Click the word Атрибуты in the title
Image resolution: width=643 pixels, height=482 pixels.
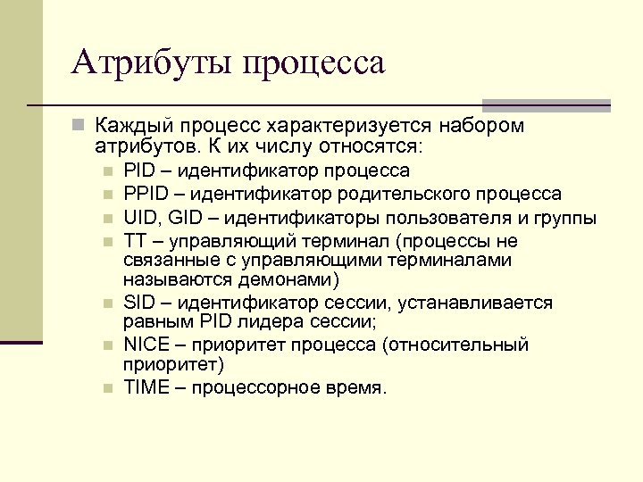coord(152,63)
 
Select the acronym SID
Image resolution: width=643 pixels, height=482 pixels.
coord(138,303)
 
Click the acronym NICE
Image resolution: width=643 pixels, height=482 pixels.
coord(145,345)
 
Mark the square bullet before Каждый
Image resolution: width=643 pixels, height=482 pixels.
coord(79,124)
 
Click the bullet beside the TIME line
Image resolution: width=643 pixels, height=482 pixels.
coord(107,388)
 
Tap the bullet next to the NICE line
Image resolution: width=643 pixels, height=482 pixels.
coord(107,345)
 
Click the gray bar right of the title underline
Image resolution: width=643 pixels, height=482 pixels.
coord(546,104)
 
